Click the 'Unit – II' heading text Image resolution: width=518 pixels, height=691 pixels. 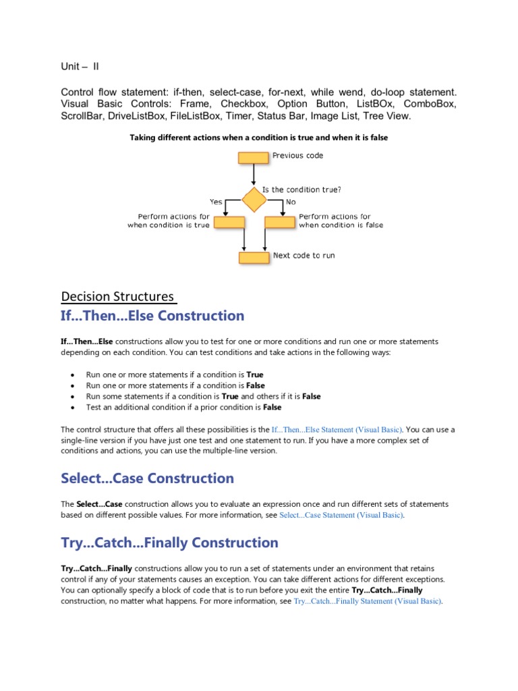click(80, 66)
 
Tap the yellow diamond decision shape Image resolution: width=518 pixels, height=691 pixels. click(254, 200)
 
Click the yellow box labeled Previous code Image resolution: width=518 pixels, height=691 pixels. click(253, 159)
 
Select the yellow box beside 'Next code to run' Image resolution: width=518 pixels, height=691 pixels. click(254, 257)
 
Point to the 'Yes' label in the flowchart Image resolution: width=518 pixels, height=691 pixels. click(216, 201)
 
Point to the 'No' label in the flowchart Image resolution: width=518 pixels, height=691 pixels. click(291, 201)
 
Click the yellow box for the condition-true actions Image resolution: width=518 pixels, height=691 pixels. click(229, 221)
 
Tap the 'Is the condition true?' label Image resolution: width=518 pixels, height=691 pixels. click(306, 190)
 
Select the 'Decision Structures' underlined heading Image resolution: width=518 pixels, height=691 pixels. click(118, 297)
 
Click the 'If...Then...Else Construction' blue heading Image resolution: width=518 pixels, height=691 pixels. click(152, 316)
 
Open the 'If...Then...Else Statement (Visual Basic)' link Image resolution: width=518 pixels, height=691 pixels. click(337, 429)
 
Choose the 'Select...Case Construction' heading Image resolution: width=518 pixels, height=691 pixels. click(147, 478)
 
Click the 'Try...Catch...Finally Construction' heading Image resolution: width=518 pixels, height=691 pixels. click(169, 543)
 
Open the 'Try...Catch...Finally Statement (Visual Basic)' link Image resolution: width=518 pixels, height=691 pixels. click(368, 601)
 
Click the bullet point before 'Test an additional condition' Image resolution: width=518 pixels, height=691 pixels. click(73, 408)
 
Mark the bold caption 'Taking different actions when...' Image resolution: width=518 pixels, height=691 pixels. click(258, 138)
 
